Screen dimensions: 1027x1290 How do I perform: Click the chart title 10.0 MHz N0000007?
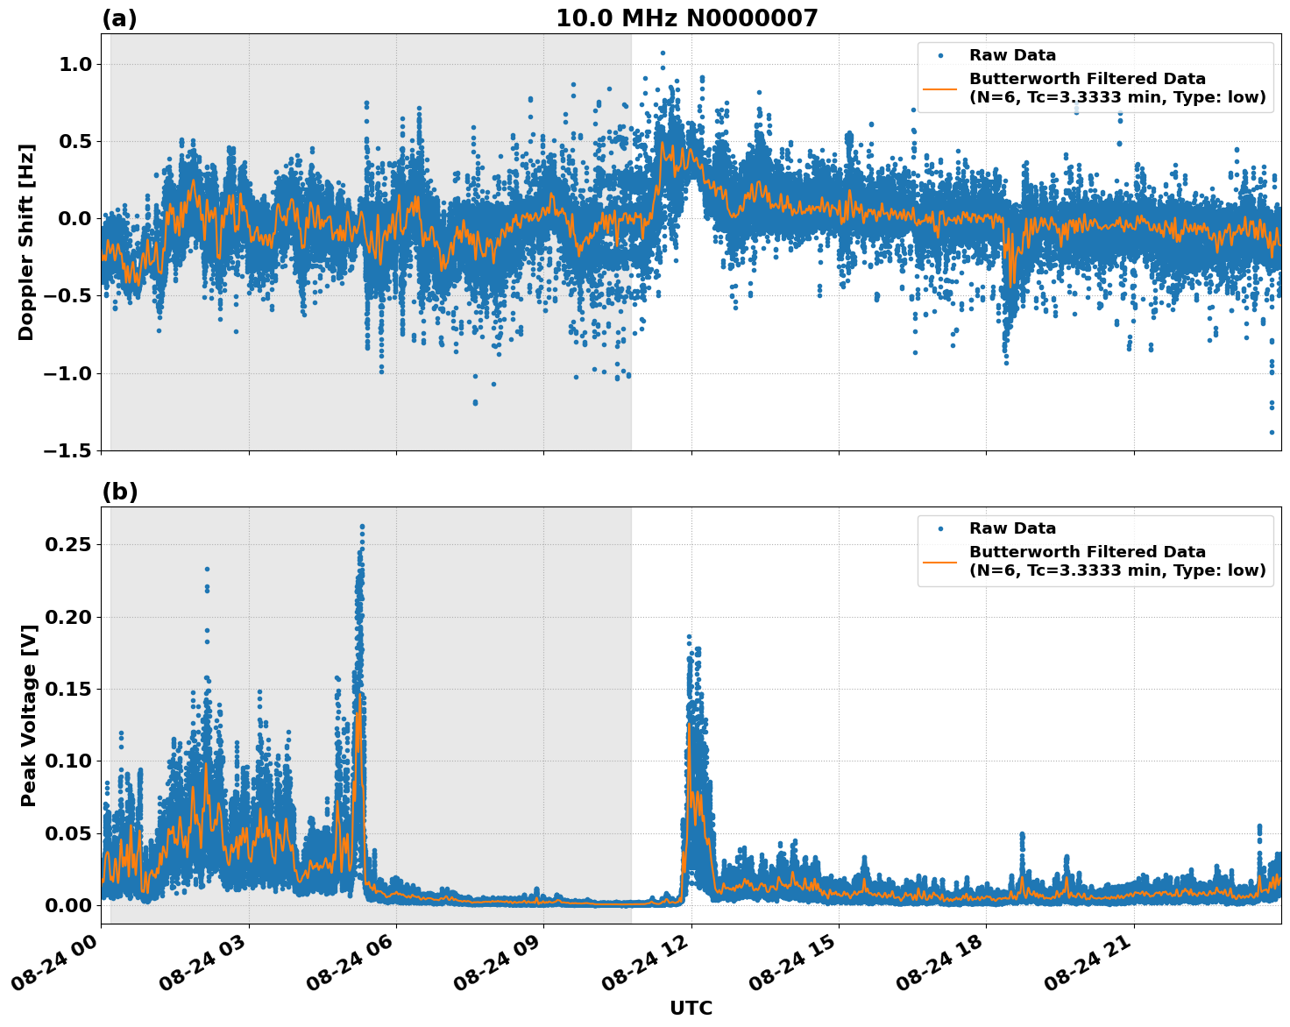click(686, 18)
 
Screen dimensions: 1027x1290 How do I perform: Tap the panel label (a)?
click(119, 18)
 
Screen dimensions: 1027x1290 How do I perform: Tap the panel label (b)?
click(119, 492)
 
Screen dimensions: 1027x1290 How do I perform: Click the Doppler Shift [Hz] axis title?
click(26, 242)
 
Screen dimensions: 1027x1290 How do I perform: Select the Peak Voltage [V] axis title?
click(29, 715)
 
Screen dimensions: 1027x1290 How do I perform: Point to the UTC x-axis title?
click(691, 1008)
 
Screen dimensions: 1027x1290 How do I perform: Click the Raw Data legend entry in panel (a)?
click(1012, 55)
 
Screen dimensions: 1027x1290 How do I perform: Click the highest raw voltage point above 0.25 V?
click(362, 527)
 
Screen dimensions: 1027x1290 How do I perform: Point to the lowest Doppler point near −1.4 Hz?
click(1272, 432)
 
